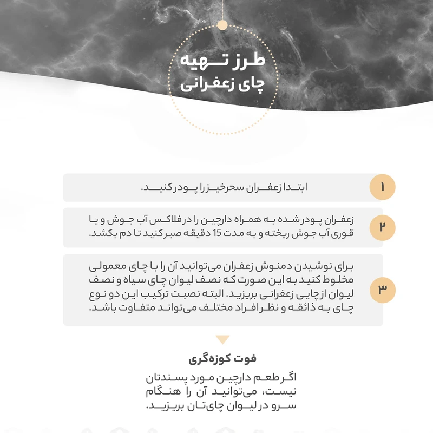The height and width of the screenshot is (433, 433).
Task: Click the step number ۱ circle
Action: click(x=382, y=188)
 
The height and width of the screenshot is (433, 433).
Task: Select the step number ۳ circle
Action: click(x=382, y=290)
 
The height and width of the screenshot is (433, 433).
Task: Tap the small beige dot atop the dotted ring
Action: click(x=222, y=25)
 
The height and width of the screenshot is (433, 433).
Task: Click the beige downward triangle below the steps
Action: click(x=222, y=340)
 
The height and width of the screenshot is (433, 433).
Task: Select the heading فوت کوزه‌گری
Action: click(x=222, y=358)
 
